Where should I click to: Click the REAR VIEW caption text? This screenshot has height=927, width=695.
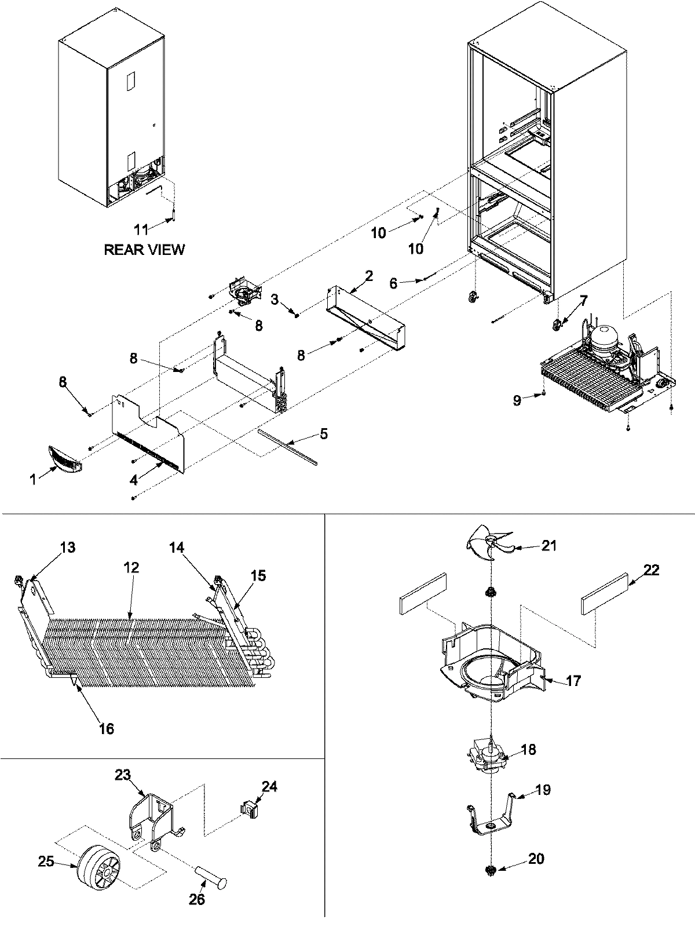[x=144, y=250]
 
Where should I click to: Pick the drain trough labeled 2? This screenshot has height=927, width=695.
[x=365, y=322]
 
